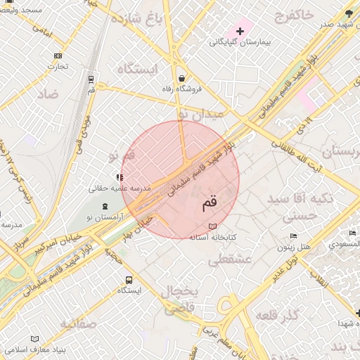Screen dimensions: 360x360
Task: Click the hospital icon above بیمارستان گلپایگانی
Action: point(241,31)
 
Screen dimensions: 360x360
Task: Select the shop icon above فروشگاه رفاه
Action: point(183,78)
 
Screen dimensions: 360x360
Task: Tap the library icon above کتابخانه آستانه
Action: point(212,226)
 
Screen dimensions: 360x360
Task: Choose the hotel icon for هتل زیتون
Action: point(293,236)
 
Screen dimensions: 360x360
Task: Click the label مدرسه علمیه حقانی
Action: point(120,188)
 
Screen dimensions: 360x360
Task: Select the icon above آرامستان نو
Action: point(105,206)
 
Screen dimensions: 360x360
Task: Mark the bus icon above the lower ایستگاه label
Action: point(128,279)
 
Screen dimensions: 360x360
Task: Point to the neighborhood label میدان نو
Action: point(200,112)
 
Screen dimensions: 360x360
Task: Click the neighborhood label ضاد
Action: point(48,94)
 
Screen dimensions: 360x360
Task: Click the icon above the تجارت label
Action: point(58,56)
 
